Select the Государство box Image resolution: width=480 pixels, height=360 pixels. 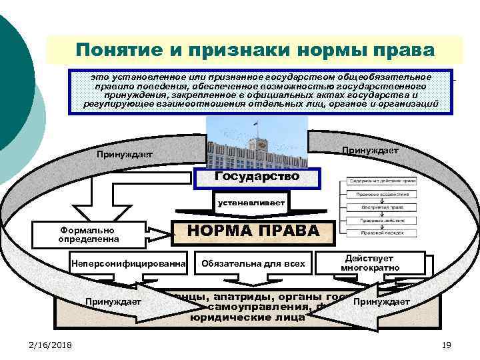[257, 177]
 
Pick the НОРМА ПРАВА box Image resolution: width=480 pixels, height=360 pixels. [253, 230]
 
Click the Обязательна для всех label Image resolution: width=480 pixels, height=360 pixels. [253, 263]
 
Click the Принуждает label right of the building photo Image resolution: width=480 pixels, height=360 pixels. [370, 151]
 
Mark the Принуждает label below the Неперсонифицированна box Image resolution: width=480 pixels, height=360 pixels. [113, 302]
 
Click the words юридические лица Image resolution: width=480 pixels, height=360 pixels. [247, 318]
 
